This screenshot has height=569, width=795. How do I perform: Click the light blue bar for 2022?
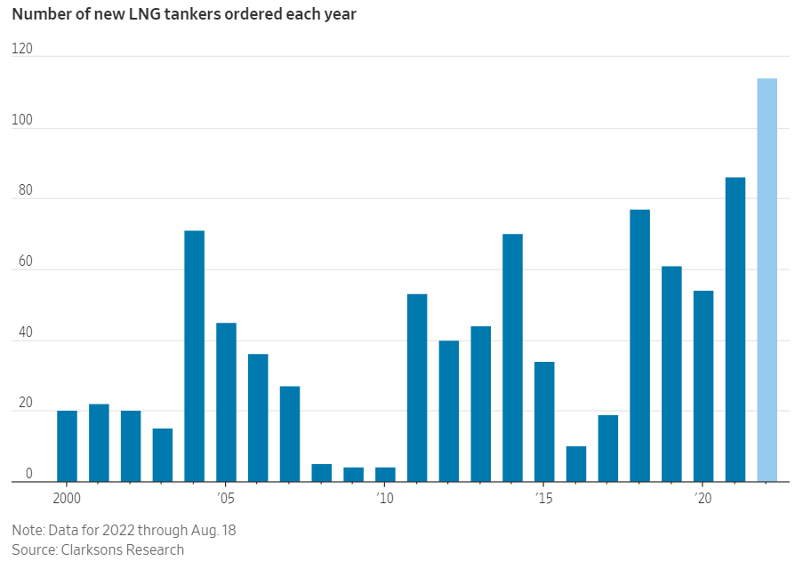[767, 280]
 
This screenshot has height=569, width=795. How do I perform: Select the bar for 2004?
[194, 356]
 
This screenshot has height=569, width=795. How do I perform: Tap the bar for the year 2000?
[67, 446]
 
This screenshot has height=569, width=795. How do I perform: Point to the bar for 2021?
[735, 329]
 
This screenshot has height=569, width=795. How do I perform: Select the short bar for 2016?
[576, 464]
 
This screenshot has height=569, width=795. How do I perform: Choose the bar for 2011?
[417, 388]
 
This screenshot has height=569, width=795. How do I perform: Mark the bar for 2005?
[226, 402]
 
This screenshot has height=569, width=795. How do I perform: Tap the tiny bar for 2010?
[385, 475]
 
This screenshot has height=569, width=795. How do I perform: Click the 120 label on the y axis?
[21, 50]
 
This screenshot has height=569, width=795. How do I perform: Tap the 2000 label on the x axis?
[67, 498]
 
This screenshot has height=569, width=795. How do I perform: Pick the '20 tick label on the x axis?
[703, 498]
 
